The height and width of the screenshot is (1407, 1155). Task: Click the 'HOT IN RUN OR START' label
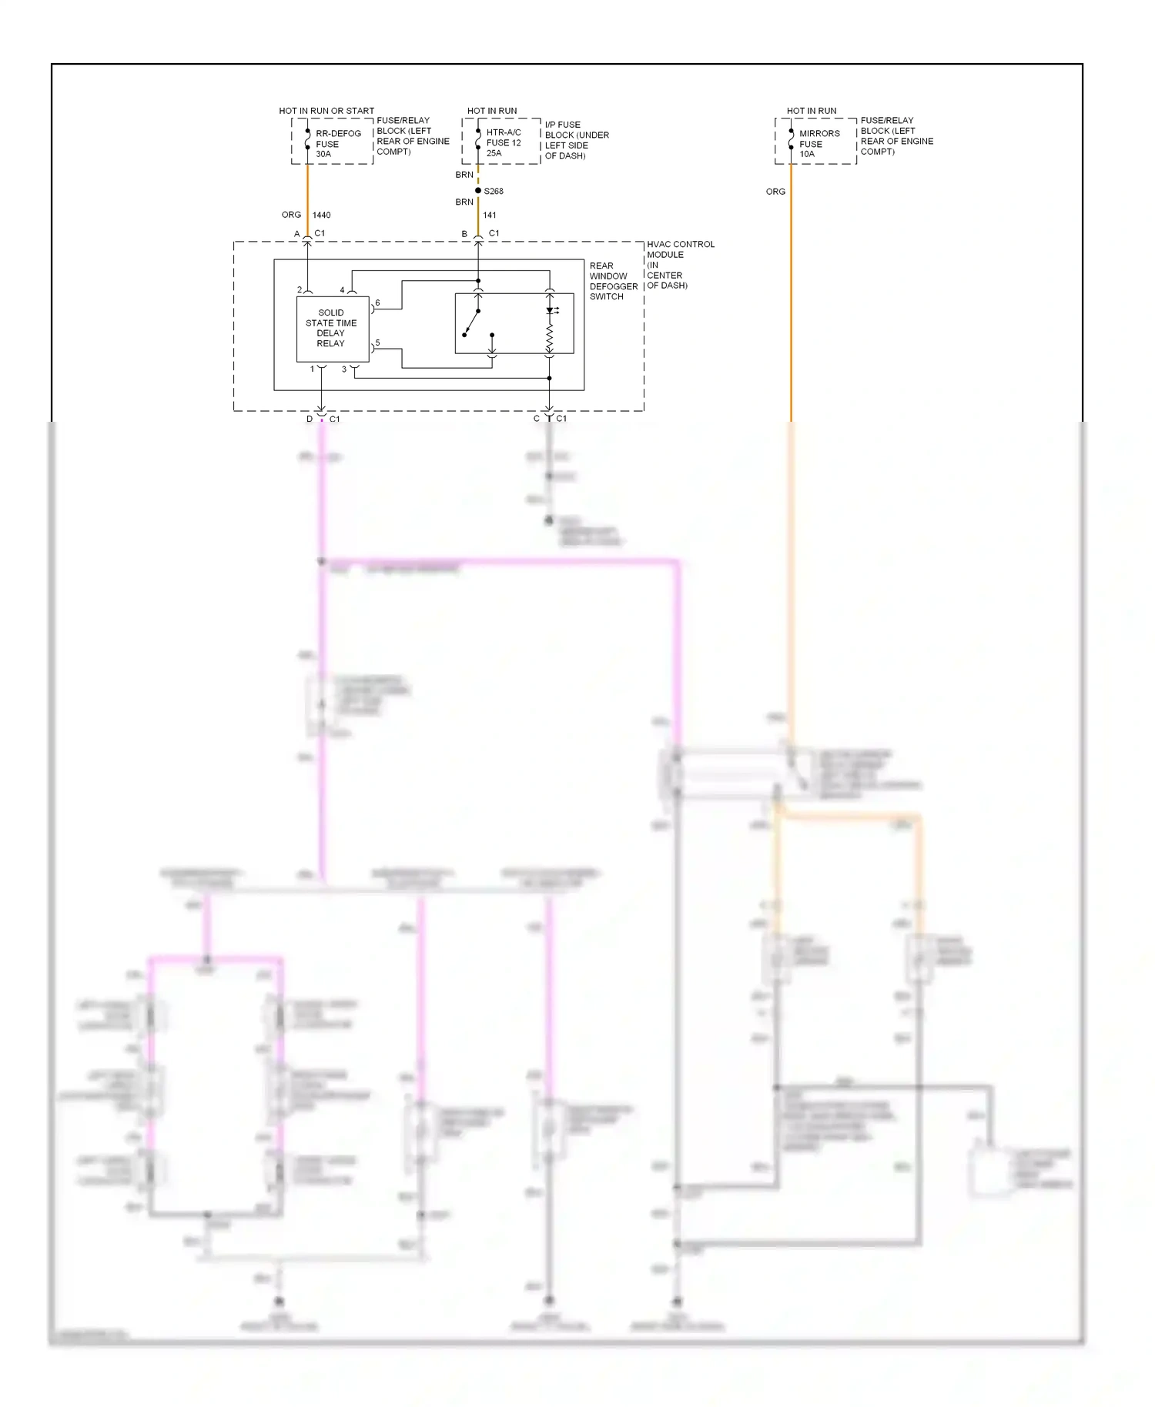click(x=326, y=111)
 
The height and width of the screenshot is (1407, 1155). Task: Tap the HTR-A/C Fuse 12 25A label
click(x=504, y=142)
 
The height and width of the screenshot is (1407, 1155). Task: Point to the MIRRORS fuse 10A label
click(x=819, y=144)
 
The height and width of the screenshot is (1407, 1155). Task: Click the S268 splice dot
click(x=478, y=191)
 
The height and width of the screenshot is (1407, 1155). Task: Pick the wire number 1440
click(x=321, y=216)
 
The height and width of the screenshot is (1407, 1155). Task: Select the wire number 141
click(x=490, y=216)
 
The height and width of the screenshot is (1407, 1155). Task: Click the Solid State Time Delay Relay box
click(x=333, y=329)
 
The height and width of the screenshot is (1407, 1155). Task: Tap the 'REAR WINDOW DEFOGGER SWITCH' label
click(x=613, y=281)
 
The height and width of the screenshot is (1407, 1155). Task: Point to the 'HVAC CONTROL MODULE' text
click(x=680, y=249)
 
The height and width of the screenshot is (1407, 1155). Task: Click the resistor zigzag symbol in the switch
click(x=550, y=336)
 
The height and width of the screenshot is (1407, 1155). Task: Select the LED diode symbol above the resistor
click(x=550, y=311)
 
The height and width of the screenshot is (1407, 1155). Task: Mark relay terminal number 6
click(x=377, y=303)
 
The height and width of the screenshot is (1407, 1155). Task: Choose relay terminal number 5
click(x=377, y=343)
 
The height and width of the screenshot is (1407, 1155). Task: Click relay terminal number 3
click(x=344, y=369)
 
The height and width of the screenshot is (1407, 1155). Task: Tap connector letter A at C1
click(x=297, y=234)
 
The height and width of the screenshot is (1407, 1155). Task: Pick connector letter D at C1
click(x=310, y=419)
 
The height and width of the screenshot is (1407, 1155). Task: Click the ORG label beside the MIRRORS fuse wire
click(x=775, y=192)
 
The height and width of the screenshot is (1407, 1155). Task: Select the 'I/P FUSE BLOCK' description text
click(x=577, y=140)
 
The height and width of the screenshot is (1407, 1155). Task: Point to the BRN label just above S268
click(x=464, y=175)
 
